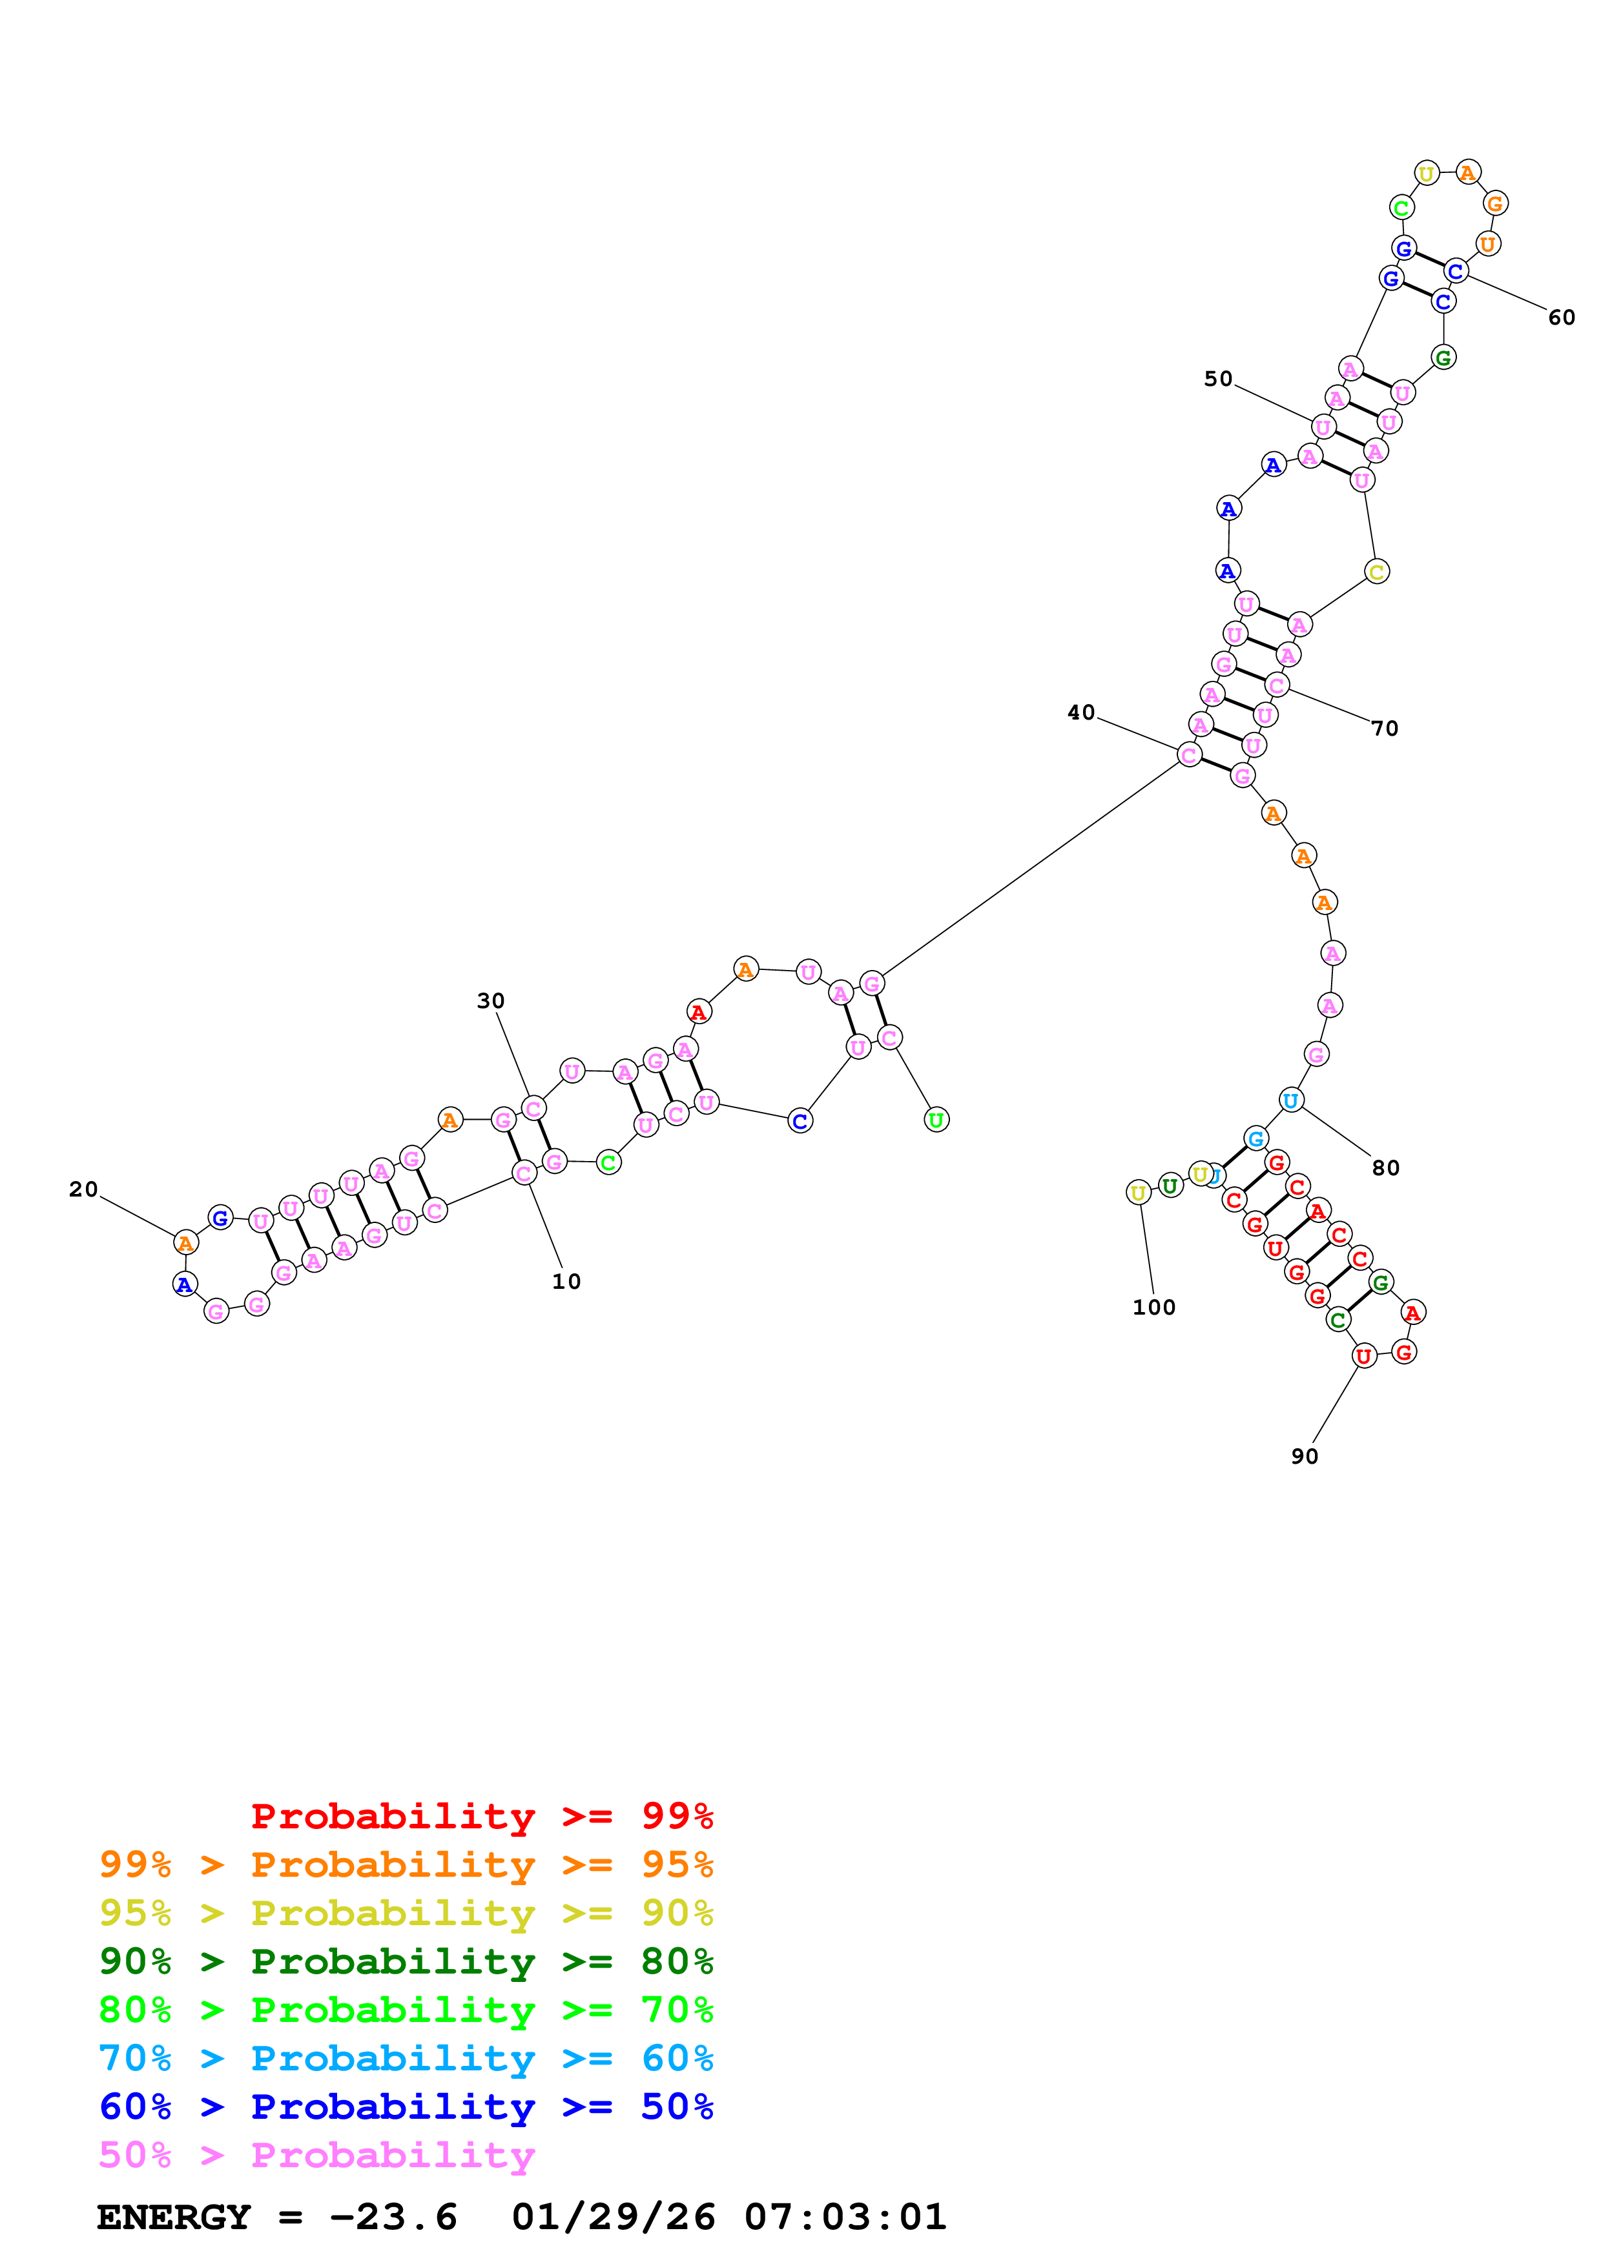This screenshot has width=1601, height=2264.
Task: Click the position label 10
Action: pyautogui.click(x=566, y=1281)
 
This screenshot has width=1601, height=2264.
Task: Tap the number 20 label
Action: pyautogui.click(x=84, y=1189)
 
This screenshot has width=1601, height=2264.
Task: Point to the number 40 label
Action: pyautogui.click(x=1081, y=712)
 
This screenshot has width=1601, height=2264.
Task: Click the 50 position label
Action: pyautogui.click(x=1218, y=379)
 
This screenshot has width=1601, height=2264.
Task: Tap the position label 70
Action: pyautogui.click(x=1385, y=729)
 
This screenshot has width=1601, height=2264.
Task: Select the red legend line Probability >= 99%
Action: pyautogui.click(x=481, y=1816)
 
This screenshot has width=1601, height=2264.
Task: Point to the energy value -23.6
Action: pyautogui.click(x=393, y=2218)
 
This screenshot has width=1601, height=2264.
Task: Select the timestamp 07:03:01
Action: pyautogui.click(x=845, y=2218)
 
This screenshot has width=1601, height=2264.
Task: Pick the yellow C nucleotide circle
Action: pyautogui.click(x=1376, y=572)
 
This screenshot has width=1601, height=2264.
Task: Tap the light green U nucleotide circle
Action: pyautogui.click(x=936, y=1120)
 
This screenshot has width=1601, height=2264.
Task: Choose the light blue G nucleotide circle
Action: pyautogui.click(x=1255, y=1139)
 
